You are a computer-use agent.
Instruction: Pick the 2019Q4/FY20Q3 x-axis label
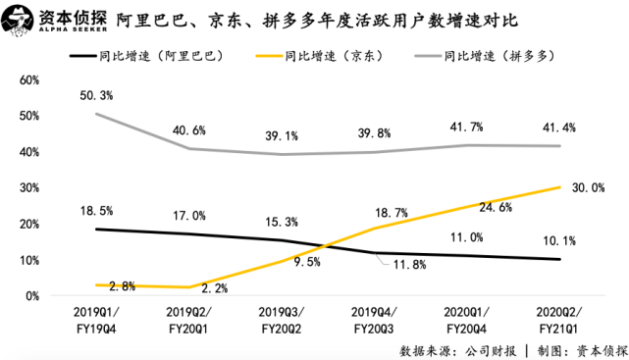pyautogui.click(x=374, y=321)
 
